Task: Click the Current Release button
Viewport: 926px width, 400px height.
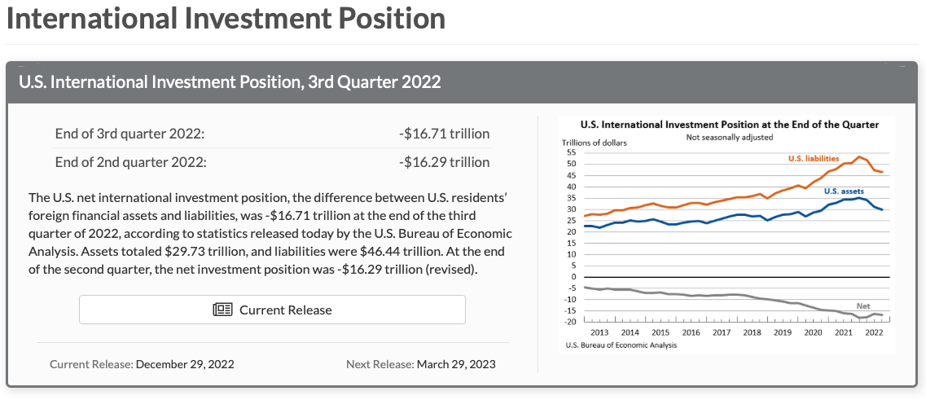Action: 272,310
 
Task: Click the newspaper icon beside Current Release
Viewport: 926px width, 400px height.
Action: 222,310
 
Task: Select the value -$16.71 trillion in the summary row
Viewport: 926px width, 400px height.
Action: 445,134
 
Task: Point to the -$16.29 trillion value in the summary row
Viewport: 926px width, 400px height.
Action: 445,161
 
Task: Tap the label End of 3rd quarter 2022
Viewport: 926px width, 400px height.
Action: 129,134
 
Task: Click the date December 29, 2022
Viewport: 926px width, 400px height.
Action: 185,364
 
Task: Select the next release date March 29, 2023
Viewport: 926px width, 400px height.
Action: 455,364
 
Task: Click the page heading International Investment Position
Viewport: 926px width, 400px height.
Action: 226,19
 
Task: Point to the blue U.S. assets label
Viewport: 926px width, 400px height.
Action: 844,191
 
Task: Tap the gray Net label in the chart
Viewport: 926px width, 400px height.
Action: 863,306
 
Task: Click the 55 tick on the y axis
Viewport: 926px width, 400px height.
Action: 571,152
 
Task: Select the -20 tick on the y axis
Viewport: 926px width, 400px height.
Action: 569,322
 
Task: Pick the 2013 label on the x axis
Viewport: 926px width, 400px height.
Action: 599,332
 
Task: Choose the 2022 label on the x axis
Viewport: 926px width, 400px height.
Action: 874,332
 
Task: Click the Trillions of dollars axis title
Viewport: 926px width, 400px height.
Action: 594,143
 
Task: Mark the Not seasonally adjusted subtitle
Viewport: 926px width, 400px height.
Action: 728,136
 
